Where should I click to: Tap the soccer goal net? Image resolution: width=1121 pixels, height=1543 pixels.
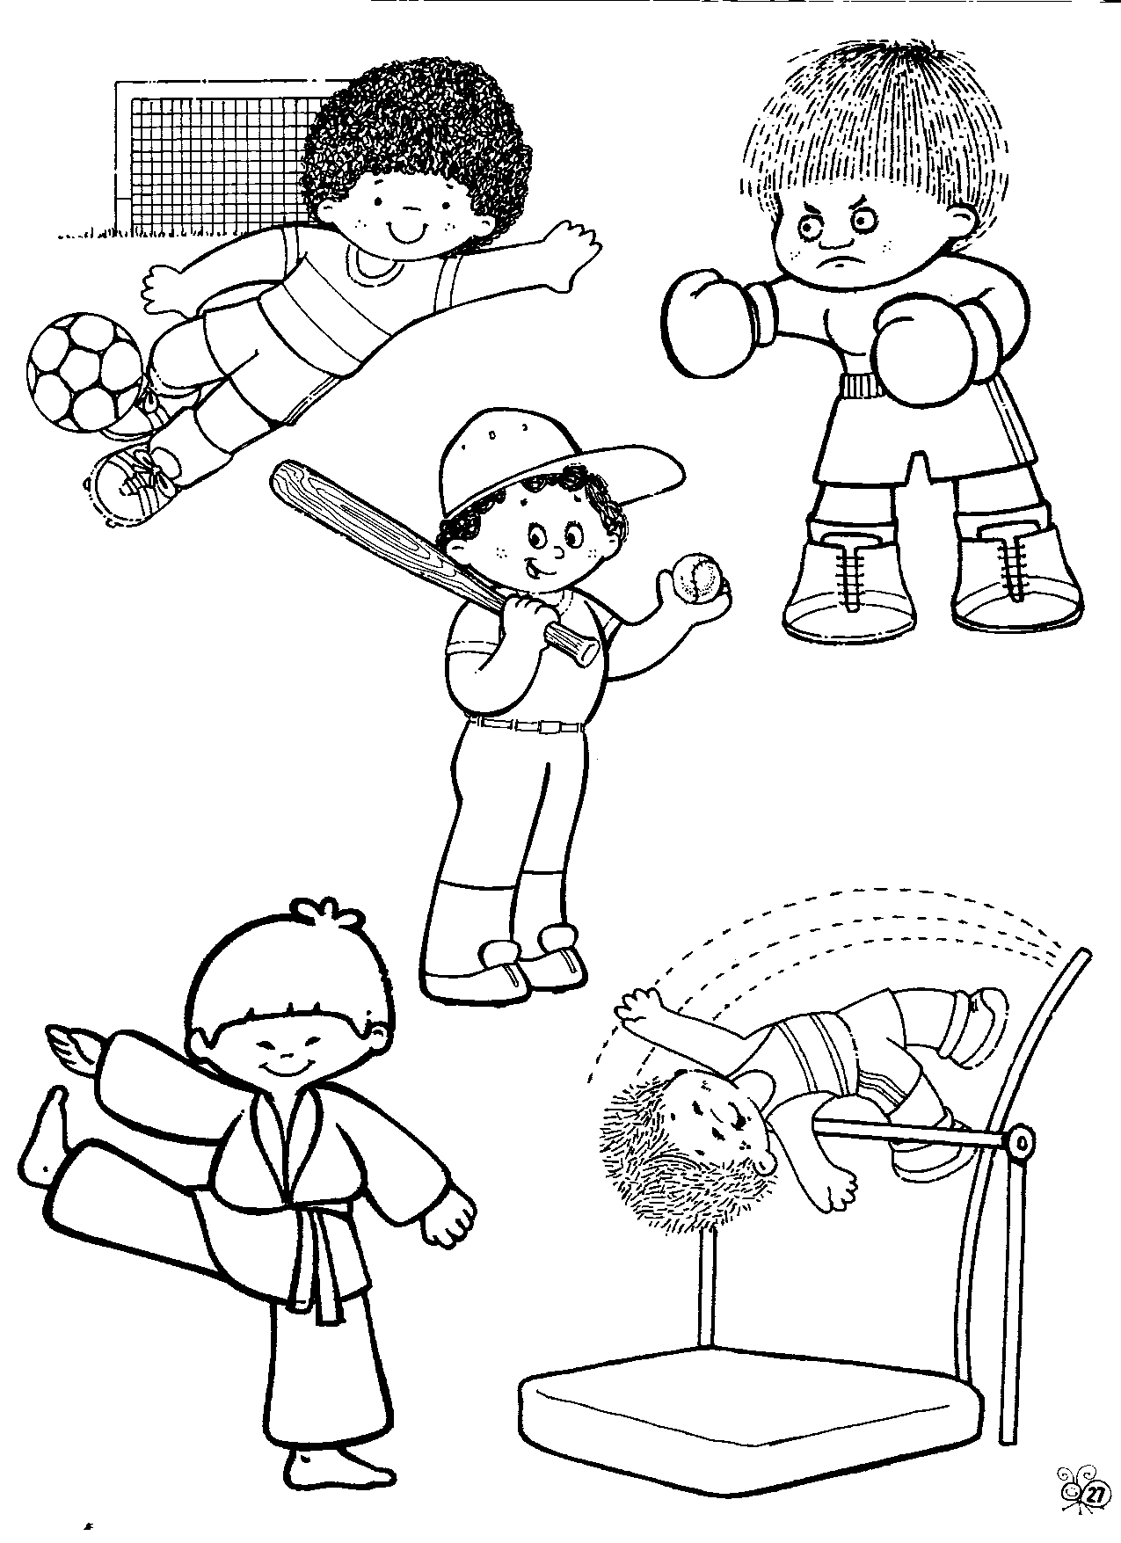211,158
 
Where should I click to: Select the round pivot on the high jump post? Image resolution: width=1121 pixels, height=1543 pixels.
1021,1142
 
